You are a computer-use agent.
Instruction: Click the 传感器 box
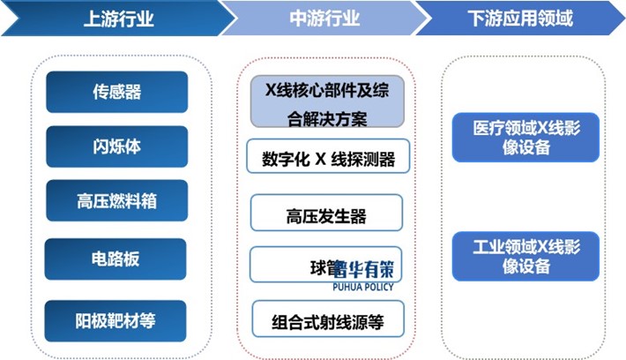pyautogui.click(x=116, y=92)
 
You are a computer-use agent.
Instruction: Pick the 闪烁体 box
pyautogui.click(x=116, y=146)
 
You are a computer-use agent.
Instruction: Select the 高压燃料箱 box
pyautogui.click(x=116, y=202)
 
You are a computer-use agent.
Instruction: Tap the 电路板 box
pyautogui.click(x=116, y=259)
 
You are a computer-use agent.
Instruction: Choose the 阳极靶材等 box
pyautogui.click(x=116, y=315)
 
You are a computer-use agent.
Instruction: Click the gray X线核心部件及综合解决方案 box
pyautogui.click(x=327, y=102)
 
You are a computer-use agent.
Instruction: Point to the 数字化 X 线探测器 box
pyautogui.click(x=327, y=161)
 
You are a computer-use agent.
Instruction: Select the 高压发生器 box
pyautogui.click(x=326, y=215)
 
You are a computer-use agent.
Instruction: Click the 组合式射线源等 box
pyautogui.click(x=327, y=319)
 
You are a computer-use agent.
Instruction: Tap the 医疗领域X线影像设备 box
pyautogui.click(x=525, y=138)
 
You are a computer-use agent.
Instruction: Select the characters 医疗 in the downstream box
pyautogui.click(x=490, y=129)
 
